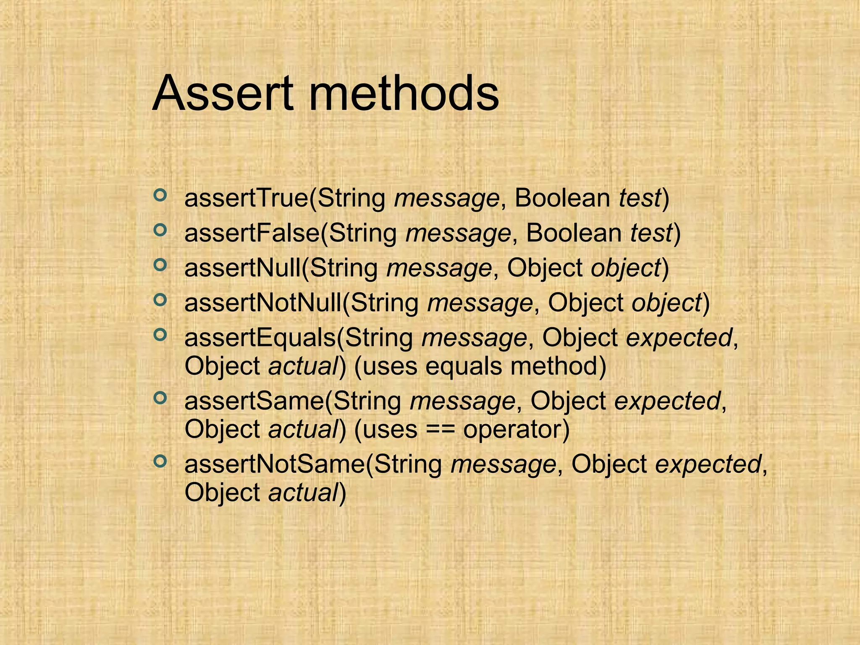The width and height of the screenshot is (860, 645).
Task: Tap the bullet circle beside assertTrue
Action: (x=160, y=195)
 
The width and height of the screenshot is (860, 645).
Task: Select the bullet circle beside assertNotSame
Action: (x=160, y=461)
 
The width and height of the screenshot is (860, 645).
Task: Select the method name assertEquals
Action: (x=260, y=338)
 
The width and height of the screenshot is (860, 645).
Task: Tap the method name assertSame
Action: (x=254, y=401)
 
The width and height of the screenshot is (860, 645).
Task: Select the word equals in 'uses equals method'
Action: (x=464, y=366)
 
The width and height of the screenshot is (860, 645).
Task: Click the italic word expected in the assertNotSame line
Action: (x=708, y=464)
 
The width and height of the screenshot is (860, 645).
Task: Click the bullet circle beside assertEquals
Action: (x=160, y=335)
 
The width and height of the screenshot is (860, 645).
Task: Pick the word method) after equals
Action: (x=558, y=366)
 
